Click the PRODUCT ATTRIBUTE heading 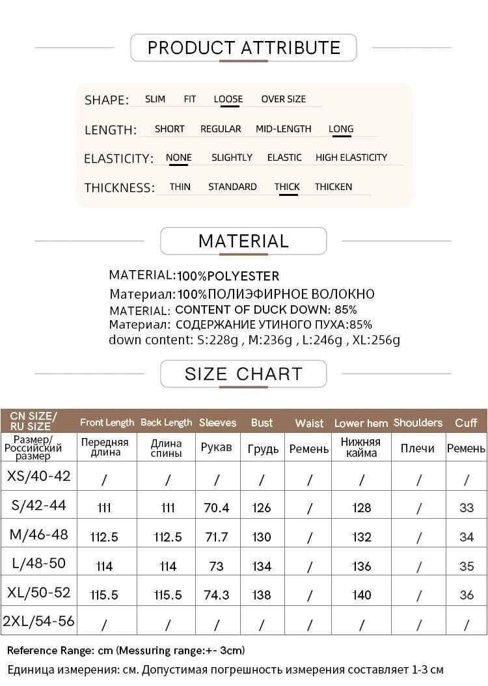click(x=244, y=48)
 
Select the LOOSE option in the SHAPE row click(x=228, y=99)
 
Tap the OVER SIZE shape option click(x=283, y=99)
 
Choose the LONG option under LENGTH click(x=341, y=128)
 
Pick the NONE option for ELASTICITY click(x=179, y=158)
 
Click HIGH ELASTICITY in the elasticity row click(x=351, y=158)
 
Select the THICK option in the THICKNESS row click(x=287, y=187)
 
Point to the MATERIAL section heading click(x=243, y=241)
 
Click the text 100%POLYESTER click(x=228, y=276)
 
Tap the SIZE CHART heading click(x=243, y=374)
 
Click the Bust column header click(x=262, y=422)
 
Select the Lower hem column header click(x=361, y=423)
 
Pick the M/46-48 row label click(x=38, y=534)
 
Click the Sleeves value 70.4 click(x=217, y=508)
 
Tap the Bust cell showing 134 click(x=262, y=566)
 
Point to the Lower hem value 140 click(x=361, y=595)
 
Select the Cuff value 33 click(x=467, y=508)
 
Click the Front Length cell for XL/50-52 click(x=105, y=595)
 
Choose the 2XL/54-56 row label click(x=38, y=621)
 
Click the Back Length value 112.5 click(x=168, y=537)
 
